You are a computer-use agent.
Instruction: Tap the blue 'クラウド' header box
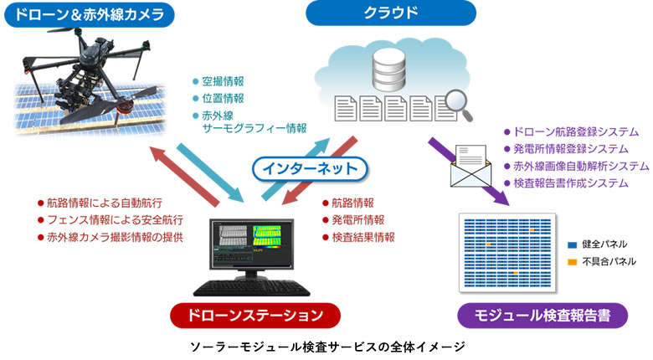[390, 14]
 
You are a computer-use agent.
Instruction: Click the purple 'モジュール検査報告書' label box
[543, 316]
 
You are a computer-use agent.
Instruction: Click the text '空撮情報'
[223, 82]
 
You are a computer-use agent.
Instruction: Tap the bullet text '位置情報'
[223, 98]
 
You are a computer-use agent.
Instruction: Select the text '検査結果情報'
[362, 237]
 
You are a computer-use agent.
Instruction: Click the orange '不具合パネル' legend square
[572, 262]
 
